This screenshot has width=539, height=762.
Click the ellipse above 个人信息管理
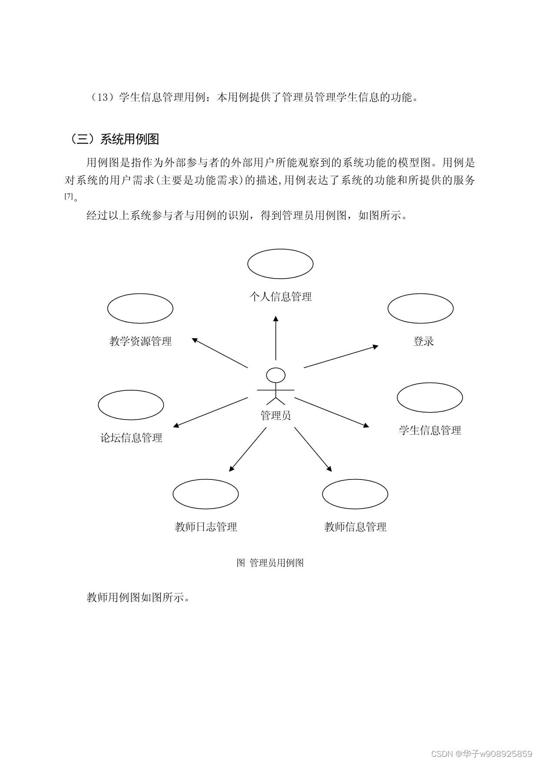280,264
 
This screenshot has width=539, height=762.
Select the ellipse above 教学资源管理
140,308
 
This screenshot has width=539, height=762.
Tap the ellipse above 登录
420,308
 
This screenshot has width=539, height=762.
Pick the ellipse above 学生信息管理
430,397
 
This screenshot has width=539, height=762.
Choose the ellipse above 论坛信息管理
131,405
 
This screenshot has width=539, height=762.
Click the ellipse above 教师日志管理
206,494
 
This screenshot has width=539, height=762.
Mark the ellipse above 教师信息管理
355,494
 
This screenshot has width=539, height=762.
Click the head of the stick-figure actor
276,375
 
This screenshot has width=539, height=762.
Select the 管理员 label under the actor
276,416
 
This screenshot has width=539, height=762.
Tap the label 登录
423,341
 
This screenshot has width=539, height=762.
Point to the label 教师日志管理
206,527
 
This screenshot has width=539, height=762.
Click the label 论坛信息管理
131,438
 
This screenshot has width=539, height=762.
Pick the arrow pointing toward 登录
341,357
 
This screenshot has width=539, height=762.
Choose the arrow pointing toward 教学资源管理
220,353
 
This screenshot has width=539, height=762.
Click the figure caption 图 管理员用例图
270,563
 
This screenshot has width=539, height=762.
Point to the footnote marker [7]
69,196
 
